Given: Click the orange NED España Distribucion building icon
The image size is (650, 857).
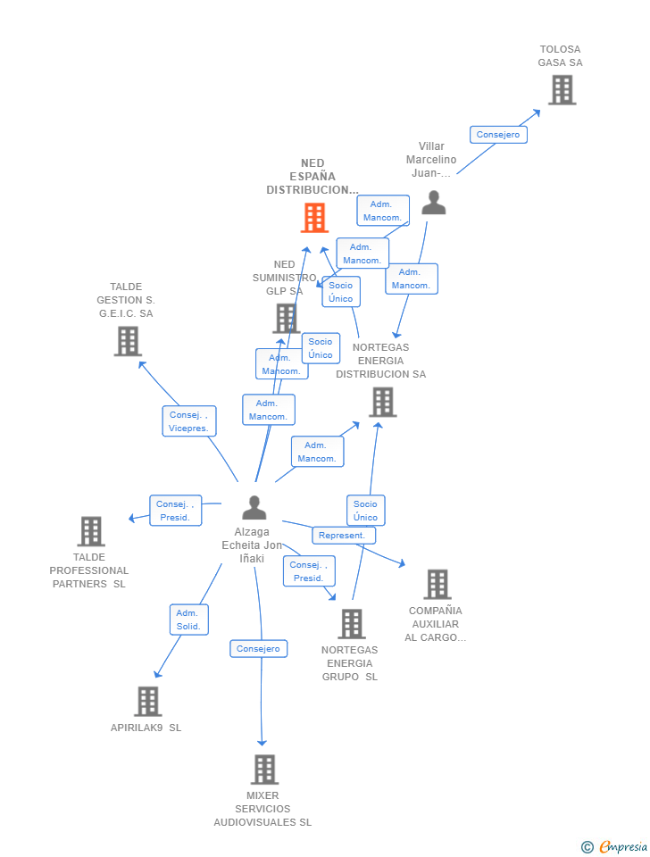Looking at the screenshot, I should coord(314,218).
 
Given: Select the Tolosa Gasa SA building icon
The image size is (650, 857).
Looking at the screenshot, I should coord(562,90).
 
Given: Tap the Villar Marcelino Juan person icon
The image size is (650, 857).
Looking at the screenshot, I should coord(434,203).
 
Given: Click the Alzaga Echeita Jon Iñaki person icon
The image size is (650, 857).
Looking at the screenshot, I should coord(254,508).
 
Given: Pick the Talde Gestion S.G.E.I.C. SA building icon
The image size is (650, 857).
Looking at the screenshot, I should coord(128,341).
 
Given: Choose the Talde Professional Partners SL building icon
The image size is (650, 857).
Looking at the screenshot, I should coord(90,531).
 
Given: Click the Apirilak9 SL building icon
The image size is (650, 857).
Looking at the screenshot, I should coord(147,702).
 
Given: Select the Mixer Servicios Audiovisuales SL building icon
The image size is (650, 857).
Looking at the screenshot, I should coord(263,770).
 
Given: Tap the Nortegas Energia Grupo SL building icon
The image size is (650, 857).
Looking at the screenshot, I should coord(352,624).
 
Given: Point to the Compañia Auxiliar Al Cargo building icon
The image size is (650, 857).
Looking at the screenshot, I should coord(437,585).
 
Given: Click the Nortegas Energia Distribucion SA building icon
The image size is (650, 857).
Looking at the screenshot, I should coord(382,403).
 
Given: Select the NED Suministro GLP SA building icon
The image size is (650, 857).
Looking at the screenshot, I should coord(286,318).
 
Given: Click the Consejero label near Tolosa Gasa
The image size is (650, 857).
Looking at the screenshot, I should coord(498,135).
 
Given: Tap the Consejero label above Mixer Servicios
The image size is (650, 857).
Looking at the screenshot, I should coord(258,649).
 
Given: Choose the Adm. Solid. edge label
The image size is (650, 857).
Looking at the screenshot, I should coord(188,620).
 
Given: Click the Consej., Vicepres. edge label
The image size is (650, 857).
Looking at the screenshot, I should coord(188,421).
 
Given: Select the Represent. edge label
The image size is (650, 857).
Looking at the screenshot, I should coord(343,536).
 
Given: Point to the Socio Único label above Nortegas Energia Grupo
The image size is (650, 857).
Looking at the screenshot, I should coord(365,511).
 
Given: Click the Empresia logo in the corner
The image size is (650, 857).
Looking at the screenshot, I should coord(615,846).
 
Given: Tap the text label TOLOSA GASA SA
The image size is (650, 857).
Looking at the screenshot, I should coord(560,56).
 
